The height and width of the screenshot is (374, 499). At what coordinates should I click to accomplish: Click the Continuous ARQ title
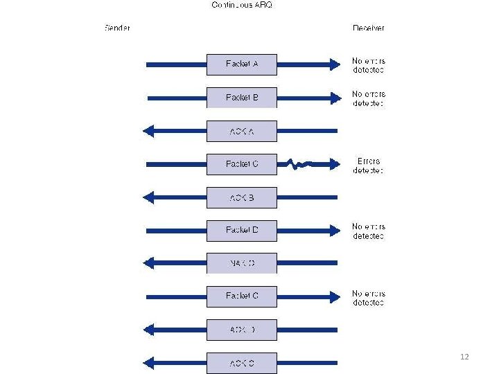pyautogui.click(x=242, y=6)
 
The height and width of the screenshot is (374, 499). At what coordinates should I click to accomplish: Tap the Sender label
pyautogui.click(x=117, y=28)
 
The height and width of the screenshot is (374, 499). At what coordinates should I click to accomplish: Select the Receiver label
pyautogui.click(x=368, y=28)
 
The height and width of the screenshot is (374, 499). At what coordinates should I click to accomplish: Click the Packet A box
pyautogui.click(x=242, y=64)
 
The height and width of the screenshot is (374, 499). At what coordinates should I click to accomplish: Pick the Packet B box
pyautogui.click(x=242, y=98)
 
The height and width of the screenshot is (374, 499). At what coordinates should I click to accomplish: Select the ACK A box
pyautogui.click(x=242, y=131)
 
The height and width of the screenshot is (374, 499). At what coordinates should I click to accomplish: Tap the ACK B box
pyautogui.click(x=242, y=197)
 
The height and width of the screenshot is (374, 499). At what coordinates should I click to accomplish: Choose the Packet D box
pyautogui.click(x=242, y=230)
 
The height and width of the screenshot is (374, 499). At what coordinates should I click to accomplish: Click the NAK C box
pyautogui.click(x=242, y=263)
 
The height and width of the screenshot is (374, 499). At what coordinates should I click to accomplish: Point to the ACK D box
pyautogui.click(x=242, y=330)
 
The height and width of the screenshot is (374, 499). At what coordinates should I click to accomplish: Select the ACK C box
pyautogui.click(x=242, y=363)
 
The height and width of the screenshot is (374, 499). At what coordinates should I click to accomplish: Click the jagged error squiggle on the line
pyautogui.click(x=299, y=165)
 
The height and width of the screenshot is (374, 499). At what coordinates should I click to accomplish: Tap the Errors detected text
pyautogui.click(x=368, y=166)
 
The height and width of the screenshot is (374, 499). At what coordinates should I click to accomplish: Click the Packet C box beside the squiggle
pyautogui.click(x=242, y=164)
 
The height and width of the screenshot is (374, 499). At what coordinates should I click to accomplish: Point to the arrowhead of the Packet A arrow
pyautogui.click(x=336, y=64)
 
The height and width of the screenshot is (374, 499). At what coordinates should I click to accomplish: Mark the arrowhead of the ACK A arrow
pyautogui.click(x=148, y=131)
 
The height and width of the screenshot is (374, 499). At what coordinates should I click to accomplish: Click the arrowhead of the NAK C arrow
pyautogui.click(x=148, y=263)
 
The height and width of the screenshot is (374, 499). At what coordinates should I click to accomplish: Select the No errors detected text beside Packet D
pyautogui.click(x=368, y=231)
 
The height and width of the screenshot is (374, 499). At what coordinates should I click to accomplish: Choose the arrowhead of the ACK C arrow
pyautogui.click(x=148, y=363)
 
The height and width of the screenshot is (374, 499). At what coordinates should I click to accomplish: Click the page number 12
pyautogui.click(x=464, y=357)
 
